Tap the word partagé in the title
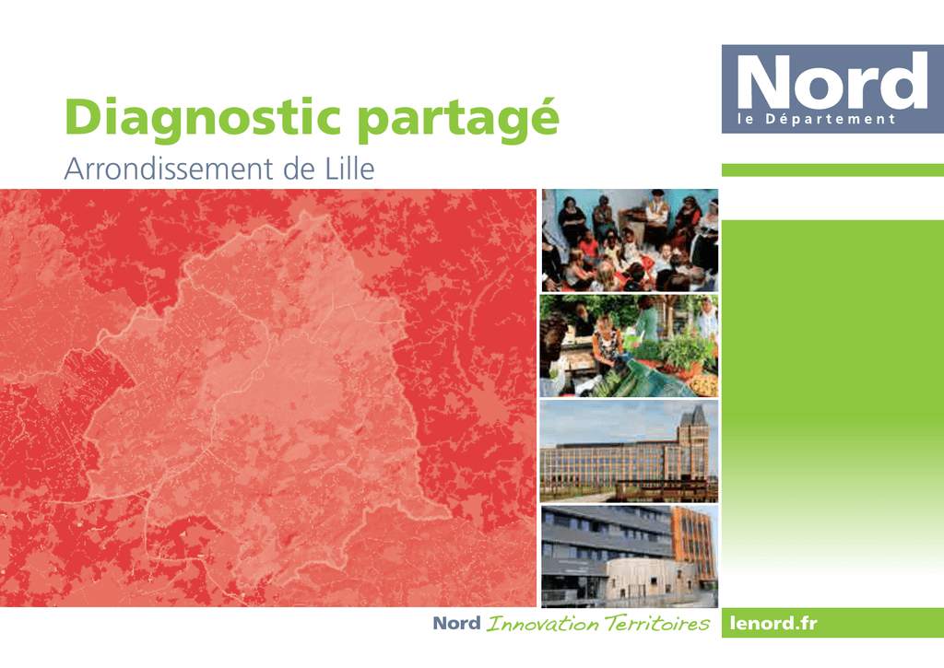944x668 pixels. click(459, 120)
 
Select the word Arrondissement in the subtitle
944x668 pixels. click(169, 169)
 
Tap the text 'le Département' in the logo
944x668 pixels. click(817, 119)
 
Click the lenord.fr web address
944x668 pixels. click(773, 623)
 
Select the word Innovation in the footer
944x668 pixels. click(542, 624)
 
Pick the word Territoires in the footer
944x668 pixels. click(656, 624)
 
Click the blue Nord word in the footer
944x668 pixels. click(457, 623)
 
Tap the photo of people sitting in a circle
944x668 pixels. click(630, 240)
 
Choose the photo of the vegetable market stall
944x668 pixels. click(629, 346)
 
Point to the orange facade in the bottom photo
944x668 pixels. click(693, 542)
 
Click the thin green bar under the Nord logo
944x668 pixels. click(832, 170)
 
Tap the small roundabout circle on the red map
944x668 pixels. click(258, 376)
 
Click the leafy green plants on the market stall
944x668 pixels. click(685, 352)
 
